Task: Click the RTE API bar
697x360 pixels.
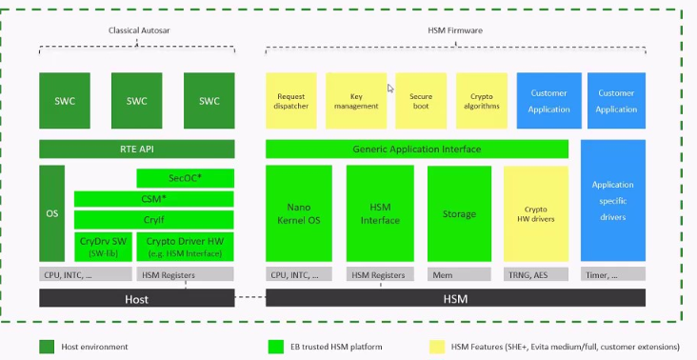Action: coord(136,149)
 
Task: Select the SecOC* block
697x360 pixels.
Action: coord(186,178)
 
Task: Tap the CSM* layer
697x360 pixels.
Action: coord(154,199)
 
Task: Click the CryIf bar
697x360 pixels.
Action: coord(154,220)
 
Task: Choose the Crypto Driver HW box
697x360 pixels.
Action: coord(186,246)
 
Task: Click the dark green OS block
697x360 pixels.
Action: coord(51,213)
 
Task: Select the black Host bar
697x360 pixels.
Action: coord(136,298)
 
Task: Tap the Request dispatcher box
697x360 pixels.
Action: coord(290,101)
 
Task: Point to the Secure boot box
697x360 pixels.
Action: coord(421,101)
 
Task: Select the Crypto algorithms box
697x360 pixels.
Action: coord(482,101)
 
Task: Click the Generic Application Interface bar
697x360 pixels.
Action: coord(416,150)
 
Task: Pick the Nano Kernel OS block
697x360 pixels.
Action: coord(298,213)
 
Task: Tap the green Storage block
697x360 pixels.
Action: coord(459,213)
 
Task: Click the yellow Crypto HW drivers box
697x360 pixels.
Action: coord(535,213)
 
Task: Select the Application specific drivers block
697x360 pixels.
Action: coord(612,200)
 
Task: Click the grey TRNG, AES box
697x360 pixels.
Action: coord(535,274)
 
